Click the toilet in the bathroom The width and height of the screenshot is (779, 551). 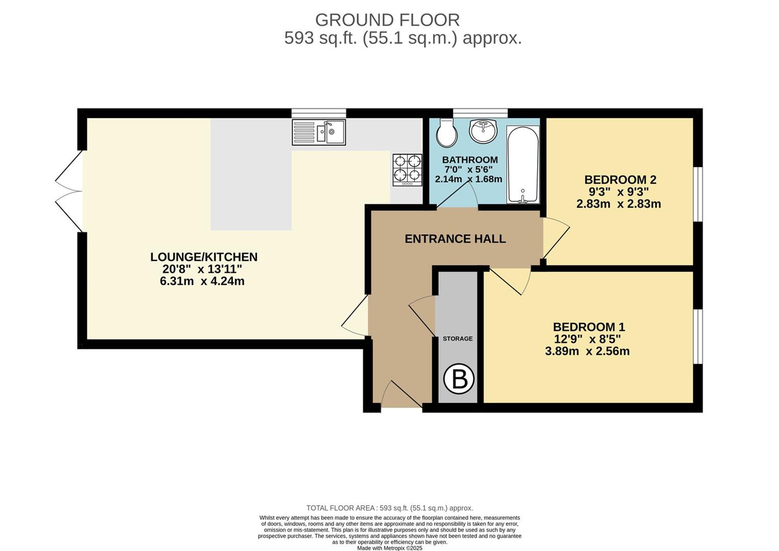(x=446, y=133)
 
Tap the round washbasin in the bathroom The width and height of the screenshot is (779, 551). (x=483, y=131)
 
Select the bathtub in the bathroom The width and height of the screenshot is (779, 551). (x=523, y=164)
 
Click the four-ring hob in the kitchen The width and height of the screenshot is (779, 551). (x=407, y=170)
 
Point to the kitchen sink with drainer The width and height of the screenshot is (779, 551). (x=319, y=132)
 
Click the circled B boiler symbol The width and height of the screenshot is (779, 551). (x=459, y=379)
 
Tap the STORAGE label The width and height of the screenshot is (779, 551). (x=458, y=339)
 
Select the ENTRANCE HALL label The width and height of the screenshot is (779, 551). (x=455, y=239)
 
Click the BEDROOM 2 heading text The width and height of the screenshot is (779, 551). (x=620, y=180)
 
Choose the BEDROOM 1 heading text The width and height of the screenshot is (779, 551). (x=589, y=327)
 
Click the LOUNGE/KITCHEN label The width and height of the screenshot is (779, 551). (x=204, y=257)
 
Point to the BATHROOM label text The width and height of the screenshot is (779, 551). (x=470, y=160)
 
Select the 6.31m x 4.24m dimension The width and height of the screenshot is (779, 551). (x=202, y=281)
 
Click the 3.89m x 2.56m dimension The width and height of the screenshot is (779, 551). (x=587, y=351)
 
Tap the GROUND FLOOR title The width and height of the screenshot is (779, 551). (x=387, y=20)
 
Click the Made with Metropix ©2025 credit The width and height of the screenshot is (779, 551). (x=389, y=548)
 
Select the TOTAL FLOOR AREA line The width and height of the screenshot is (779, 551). (x=389, y=508)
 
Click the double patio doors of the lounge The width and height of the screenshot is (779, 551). (x=69, y=191)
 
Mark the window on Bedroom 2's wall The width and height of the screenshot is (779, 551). (x=698, y=194)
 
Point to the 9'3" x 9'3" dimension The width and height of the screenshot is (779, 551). (x=619, y=192)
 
